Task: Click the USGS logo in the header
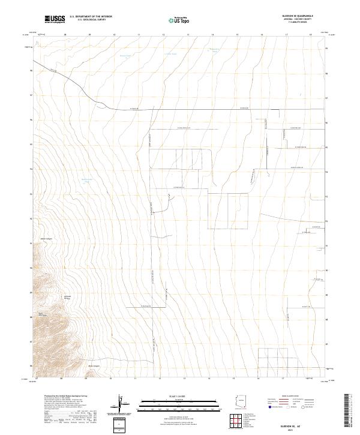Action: click(x=54, y=19)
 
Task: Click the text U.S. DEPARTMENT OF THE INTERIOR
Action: click(x=91, y=17)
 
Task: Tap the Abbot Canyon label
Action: click(x=46, y=239)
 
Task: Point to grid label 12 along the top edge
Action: click(x=163, y=35)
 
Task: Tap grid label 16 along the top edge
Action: click(x=262, y=35)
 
